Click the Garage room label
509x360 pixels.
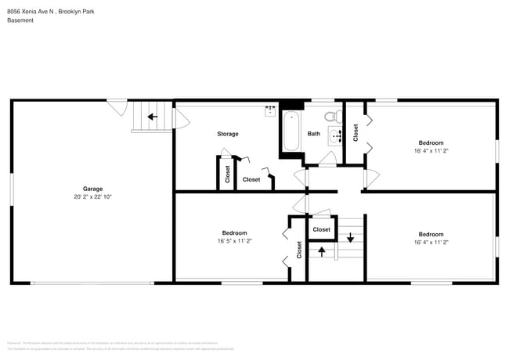[93, 189]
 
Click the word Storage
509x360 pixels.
[228, 134]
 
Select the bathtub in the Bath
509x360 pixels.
[291, 131]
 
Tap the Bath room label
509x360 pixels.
[313, 134]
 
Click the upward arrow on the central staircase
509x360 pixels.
[320, 252]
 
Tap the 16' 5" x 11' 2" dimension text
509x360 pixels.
[235, 241]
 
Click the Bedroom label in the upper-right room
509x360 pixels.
[431, 143]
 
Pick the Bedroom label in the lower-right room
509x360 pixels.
[431, 234]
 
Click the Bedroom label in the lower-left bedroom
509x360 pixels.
[235, 233]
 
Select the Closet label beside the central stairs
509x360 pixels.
[321, 229]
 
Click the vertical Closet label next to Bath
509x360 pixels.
[356, 133]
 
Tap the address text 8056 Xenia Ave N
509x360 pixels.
[38, 10]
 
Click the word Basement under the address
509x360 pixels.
[20, 20]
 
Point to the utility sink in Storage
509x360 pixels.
[270, 110]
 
